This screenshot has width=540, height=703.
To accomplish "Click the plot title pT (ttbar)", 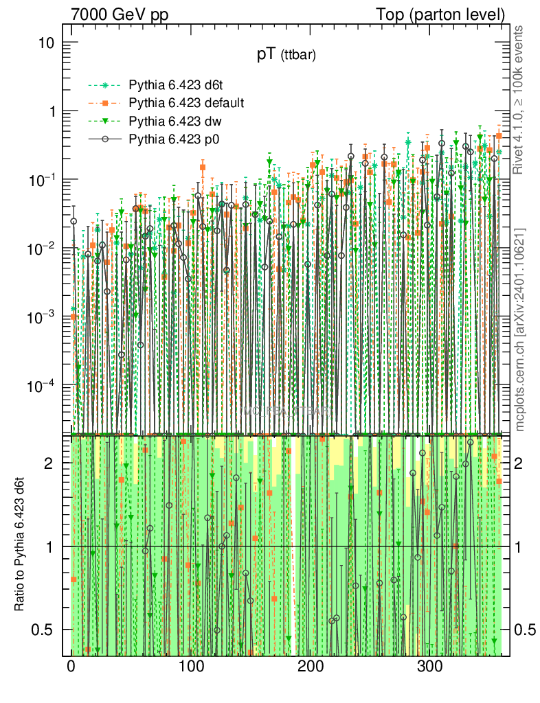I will [286, 56].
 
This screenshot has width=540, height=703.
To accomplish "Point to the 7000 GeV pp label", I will [120, 14].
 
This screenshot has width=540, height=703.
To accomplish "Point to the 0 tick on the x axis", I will [71, 666].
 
